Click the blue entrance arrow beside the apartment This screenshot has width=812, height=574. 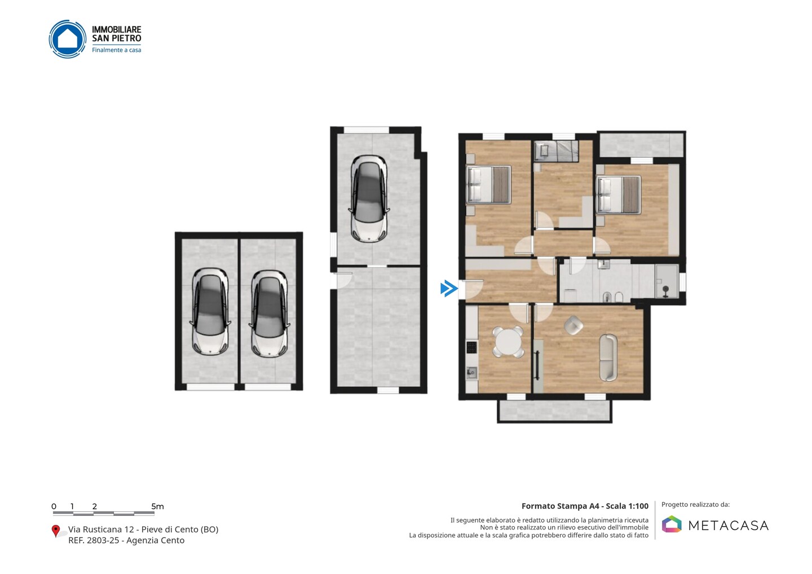pyautogui.click(x=449, y=289)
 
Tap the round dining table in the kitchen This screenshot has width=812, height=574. pyautogui.click(x=508, y=342)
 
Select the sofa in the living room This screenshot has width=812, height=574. pyautogui.click(x=608, y=357)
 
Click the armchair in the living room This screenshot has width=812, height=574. pyautogui.click(x=573, y=325)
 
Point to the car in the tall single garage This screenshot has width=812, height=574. pyautogui.click(x=369, y=198)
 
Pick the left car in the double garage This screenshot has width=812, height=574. pyautogui.click(x=210, y=312)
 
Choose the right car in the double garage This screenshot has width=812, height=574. pyautogui.click(x=269, y=314)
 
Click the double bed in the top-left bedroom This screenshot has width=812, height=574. pyautogui.click(x=489, y=184)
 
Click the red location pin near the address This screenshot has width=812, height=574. pyautogui.click(x=55, y=531)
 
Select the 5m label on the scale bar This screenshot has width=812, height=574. pyautogui.click(x=157, y=506)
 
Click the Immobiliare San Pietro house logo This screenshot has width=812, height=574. pyautogui.click(x=68, y=39)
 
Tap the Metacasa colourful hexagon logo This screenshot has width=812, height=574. pyautogui.click(x=672, y=524)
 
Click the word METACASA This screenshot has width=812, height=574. pyautogui.click(x=729, y=526)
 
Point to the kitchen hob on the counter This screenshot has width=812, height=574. pyautogui.click(x=471, y=347)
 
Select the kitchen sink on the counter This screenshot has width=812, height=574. pyautogui.click(x=471, y=372)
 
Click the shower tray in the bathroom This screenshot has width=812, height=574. pyautogui.click(x=667, y=281)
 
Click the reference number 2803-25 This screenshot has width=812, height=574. pyautogui.click(x=103, y=540)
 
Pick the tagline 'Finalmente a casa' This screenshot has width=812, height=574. pyautogui.click(x=116, y=50)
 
